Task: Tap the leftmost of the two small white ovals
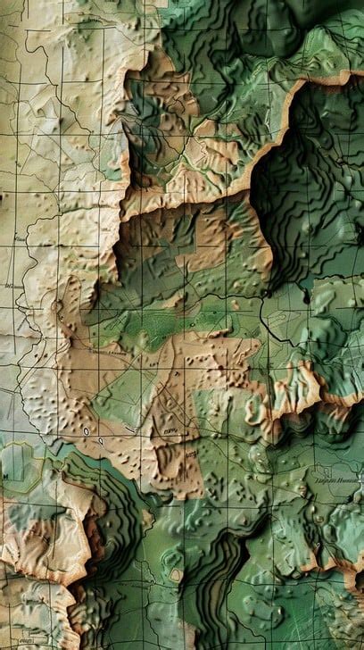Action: point(87,431)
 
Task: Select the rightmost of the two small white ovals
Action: point(101,440)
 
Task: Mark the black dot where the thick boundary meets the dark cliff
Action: point(266,293)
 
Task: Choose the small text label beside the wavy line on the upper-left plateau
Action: point(20,240)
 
